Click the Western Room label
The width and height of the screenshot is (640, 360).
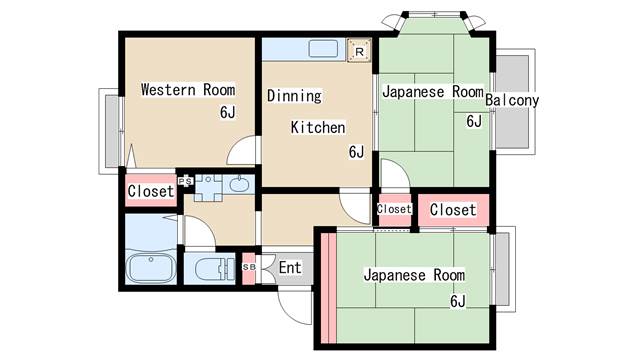tap(188, 89)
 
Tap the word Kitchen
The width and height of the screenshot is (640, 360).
tap(318, 127)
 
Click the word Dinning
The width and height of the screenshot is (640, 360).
tap(294, 96)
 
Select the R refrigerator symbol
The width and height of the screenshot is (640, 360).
tap(359, 51)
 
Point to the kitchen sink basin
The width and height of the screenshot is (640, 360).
tap(323, 49)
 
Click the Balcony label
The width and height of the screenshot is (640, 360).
tap(512, 100)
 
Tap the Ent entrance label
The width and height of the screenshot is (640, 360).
tap(290, 268)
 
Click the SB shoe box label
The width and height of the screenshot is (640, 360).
tap(249, 267)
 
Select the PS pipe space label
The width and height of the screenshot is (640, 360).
tap(185, 180)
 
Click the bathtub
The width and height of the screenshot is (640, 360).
tap(151, 268)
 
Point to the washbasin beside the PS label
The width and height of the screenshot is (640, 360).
tap(240, 185)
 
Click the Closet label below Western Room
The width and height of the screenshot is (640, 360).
tap(151, 191)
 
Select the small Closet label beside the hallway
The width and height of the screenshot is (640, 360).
tap(394, 209)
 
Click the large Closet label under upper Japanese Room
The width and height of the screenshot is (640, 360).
tap(453, 210)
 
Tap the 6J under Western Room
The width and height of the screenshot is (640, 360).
tap(228, 112)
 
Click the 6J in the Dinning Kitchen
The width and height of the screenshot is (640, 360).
tap(356, 152)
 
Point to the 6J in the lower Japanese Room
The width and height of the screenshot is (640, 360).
tap(458, 301)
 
